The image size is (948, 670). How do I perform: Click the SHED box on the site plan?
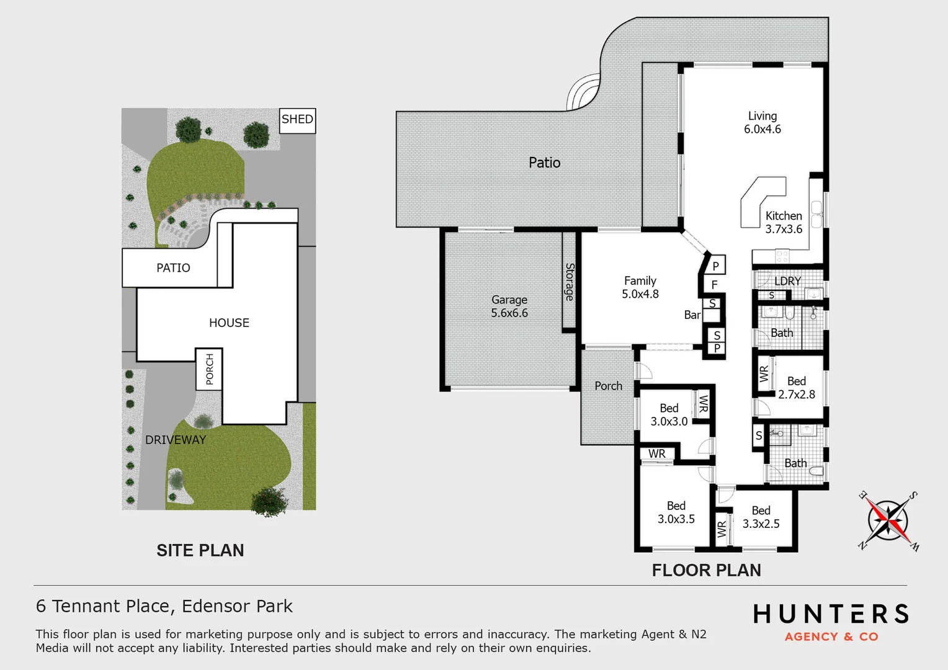(298, 120)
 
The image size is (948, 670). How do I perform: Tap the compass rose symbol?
(888, 520)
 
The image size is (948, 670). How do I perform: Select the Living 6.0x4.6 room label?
(762, 123)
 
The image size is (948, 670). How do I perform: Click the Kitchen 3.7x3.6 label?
(784, 222)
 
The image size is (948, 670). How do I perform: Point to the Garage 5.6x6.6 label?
(509, 306)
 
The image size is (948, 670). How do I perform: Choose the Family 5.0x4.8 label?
(640, 287)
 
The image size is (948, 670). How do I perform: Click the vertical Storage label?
(570, 282)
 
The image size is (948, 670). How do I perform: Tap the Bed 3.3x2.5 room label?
(761, 517)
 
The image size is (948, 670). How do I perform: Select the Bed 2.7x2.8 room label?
(797, 388)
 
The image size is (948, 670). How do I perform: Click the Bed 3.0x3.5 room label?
(676, 512)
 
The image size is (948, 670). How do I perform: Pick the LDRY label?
(788, 281)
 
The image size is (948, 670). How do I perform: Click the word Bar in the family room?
(692, 315)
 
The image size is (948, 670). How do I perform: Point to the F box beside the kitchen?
(715, 285)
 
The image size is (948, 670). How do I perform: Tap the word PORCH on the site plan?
(210, 369)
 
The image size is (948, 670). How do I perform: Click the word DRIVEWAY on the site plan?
(176, 440)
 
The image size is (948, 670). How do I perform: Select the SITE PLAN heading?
(200, 550)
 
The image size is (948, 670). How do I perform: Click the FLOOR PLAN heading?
(707, 570)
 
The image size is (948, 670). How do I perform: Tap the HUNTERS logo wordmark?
(831, 614)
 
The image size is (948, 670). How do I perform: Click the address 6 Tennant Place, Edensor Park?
(164, 606)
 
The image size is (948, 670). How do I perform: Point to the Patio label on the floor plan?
(545, 163)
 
